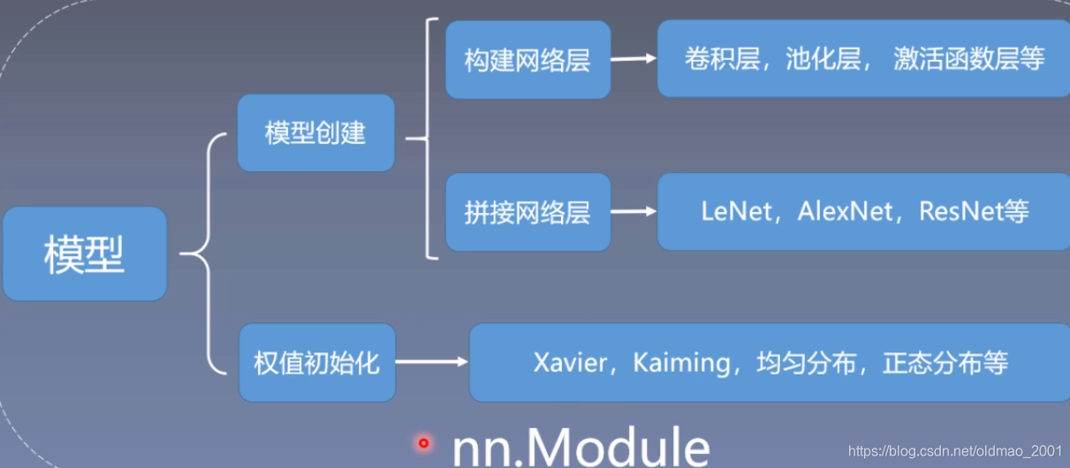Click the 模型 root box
pos(84,254)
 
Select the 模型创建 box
pos(315,132)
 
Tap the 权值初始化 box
pos(316,362)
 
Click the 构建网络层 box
pos(527,60)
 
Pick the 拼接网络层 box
pos(527,212)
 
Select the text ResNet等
pos(974,212)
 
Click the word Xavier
pos(571,363)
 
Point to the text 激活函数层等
pos(969,59)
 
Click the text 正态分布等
pos(945,363)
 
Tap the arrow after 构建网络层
pos(634,60)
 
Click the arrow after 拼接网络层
pos(634,212)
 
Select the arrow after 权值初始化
pos(432,362)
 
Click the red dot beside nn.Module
pos(424,443)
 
